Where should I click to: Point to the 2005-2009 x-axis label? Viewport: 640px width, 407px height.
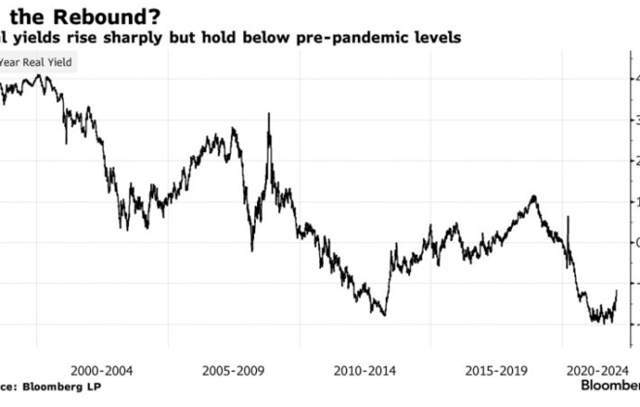tap(234, 369)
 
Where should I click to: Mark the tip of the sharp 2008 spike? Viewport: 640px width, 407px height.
tap(269, 114)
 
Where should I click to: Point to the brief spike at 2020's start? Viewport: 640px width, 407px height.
tap(568, 219)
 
